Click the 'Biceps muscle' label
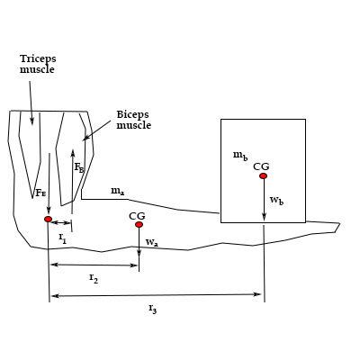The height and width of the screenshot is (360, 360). (x=133, y=121)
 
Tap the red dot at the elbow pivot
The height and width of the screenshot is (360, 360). (x=49, y=219)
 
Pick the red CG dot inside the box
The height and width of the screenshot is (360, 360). (x=263, y=176)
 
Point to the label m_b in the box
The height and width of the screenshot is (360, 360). (x=239, y=156)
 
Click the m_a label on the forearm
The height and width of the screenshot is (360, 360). (x=117, y=191)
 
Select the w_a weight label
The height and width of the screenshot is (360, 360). (x=151, y=242)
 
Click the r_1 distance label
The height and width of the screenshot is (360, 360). (x=62, y=237)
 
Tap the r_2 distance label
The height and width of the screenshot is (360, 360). (x=93, y=279)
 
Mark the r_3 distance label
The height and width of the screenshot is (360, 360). (x=152, y=309)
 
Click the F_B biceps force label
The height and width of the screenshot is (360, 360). (x=79, y=167)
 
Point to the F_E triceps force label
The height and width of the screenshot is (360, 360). (x=40, y=193)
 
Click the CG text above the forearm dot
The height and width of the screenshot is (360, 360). (x=137, y=215)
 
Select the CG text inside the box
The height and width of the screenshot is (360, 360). (x=261, y=166)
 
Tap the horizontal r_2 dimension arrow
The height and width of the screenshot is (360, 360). (x=94, y=265)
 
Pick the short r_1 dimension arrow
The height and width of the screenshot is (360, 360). (x=62, y=222)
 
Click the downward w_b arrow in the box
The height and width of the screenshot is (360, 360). (x=264, y=200)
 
